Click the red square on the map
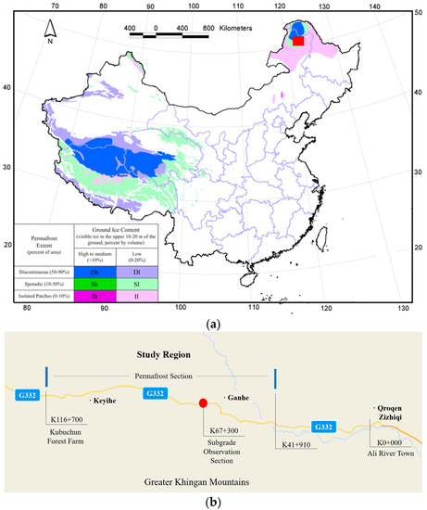click(x=297, y=41)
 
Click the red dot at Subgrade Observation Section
click(x=203, y=403)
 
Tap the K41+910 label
click(x=297, y=446)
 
